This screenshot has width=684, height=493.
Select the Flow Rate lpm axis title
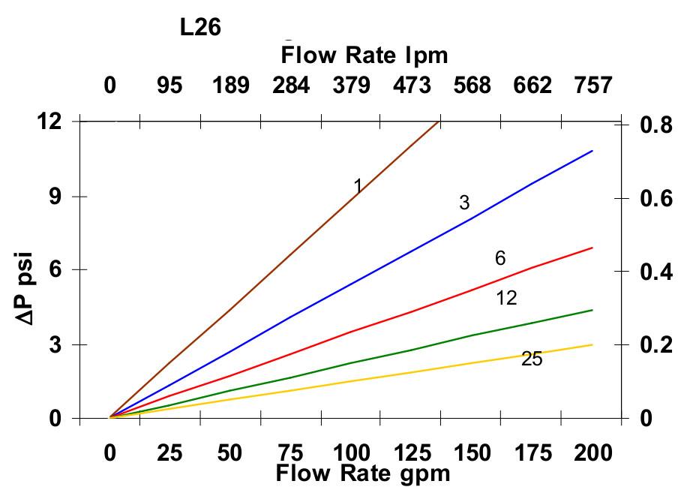(364, 55)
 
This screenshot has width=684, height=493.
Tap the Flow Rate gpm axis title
(363, 473)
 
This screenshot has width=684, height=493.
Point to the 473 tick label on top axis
(412, 85)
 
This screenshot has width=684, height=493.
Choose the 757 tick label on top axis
(592, 85)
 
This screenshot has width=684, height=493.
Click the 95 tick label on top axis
(170, 85)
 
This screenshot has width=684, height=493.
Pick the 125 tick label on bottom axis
(412, 453)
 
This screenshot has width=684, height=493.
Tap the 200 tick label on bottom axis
(592, 453)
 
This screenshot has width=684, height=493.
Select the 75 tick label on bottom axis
(291, 453)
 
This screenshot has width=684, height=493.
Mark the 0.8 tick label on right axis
(656, 125)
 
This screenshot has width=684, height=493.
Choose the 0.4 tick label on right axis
(656, 272)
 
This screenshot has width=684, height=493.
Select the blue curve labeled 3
(375, 270)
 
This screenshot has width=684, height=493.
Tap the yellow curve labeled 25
(375, 377)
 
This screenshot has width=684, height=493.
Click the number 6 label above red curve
(500, 259)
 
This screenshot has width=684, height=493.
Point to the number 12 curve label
(506, 298)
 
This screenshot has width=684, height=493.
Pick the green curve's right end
(592, 310)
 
